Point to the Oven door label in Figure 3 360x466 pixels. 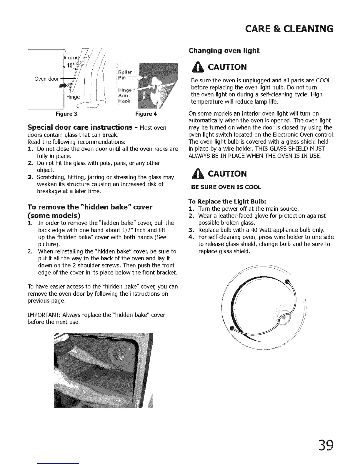(47, 79)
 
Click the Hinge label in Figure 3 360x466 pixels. (73, 97)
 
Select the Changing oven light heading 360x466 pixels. (224, 51)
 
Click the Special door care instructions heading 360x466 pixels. (79, 127)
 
